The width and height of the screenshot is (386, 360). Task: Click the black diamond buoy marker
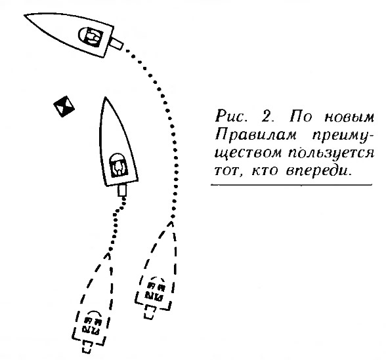(x=64, y=106)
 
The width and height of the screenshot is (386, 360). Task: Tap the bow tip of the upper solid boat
(x=24, y=15)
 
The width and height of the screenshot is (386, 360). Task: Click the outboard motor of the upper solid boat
(x=116, y=43)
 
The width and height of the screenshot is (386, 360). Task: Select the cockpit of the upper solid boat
(x=91, y=37)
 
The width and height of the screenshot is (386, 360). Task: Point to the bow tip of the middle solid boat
(x=105, y=97)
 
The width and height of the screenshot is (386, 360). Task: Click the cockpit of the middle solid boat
(x=119, y=165)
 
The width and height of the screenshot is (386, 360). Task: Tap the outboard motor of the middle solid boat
(x=122, y=190)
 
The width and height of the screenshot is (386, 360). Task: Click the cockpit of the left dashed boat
(x=92, y=323)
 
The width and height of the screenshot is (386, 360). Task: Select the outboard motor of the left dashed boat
(x=87, y=347)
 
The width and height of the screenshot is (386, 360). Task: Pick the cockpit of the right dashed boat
(x=155, y=289)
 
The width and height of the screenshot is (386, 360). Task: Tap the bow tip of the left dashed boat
(x=108, y=254)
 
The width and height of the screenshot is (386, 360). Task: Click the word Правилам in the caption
(x=256, y=135)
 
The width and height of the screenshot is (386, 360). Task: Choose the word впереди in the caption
(x=318, y=171)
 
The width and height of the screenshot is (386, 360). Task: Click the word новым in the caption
(x=349, y=117)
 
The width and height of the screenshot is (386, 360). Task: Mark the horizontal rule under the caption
(x=291, y=184)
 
